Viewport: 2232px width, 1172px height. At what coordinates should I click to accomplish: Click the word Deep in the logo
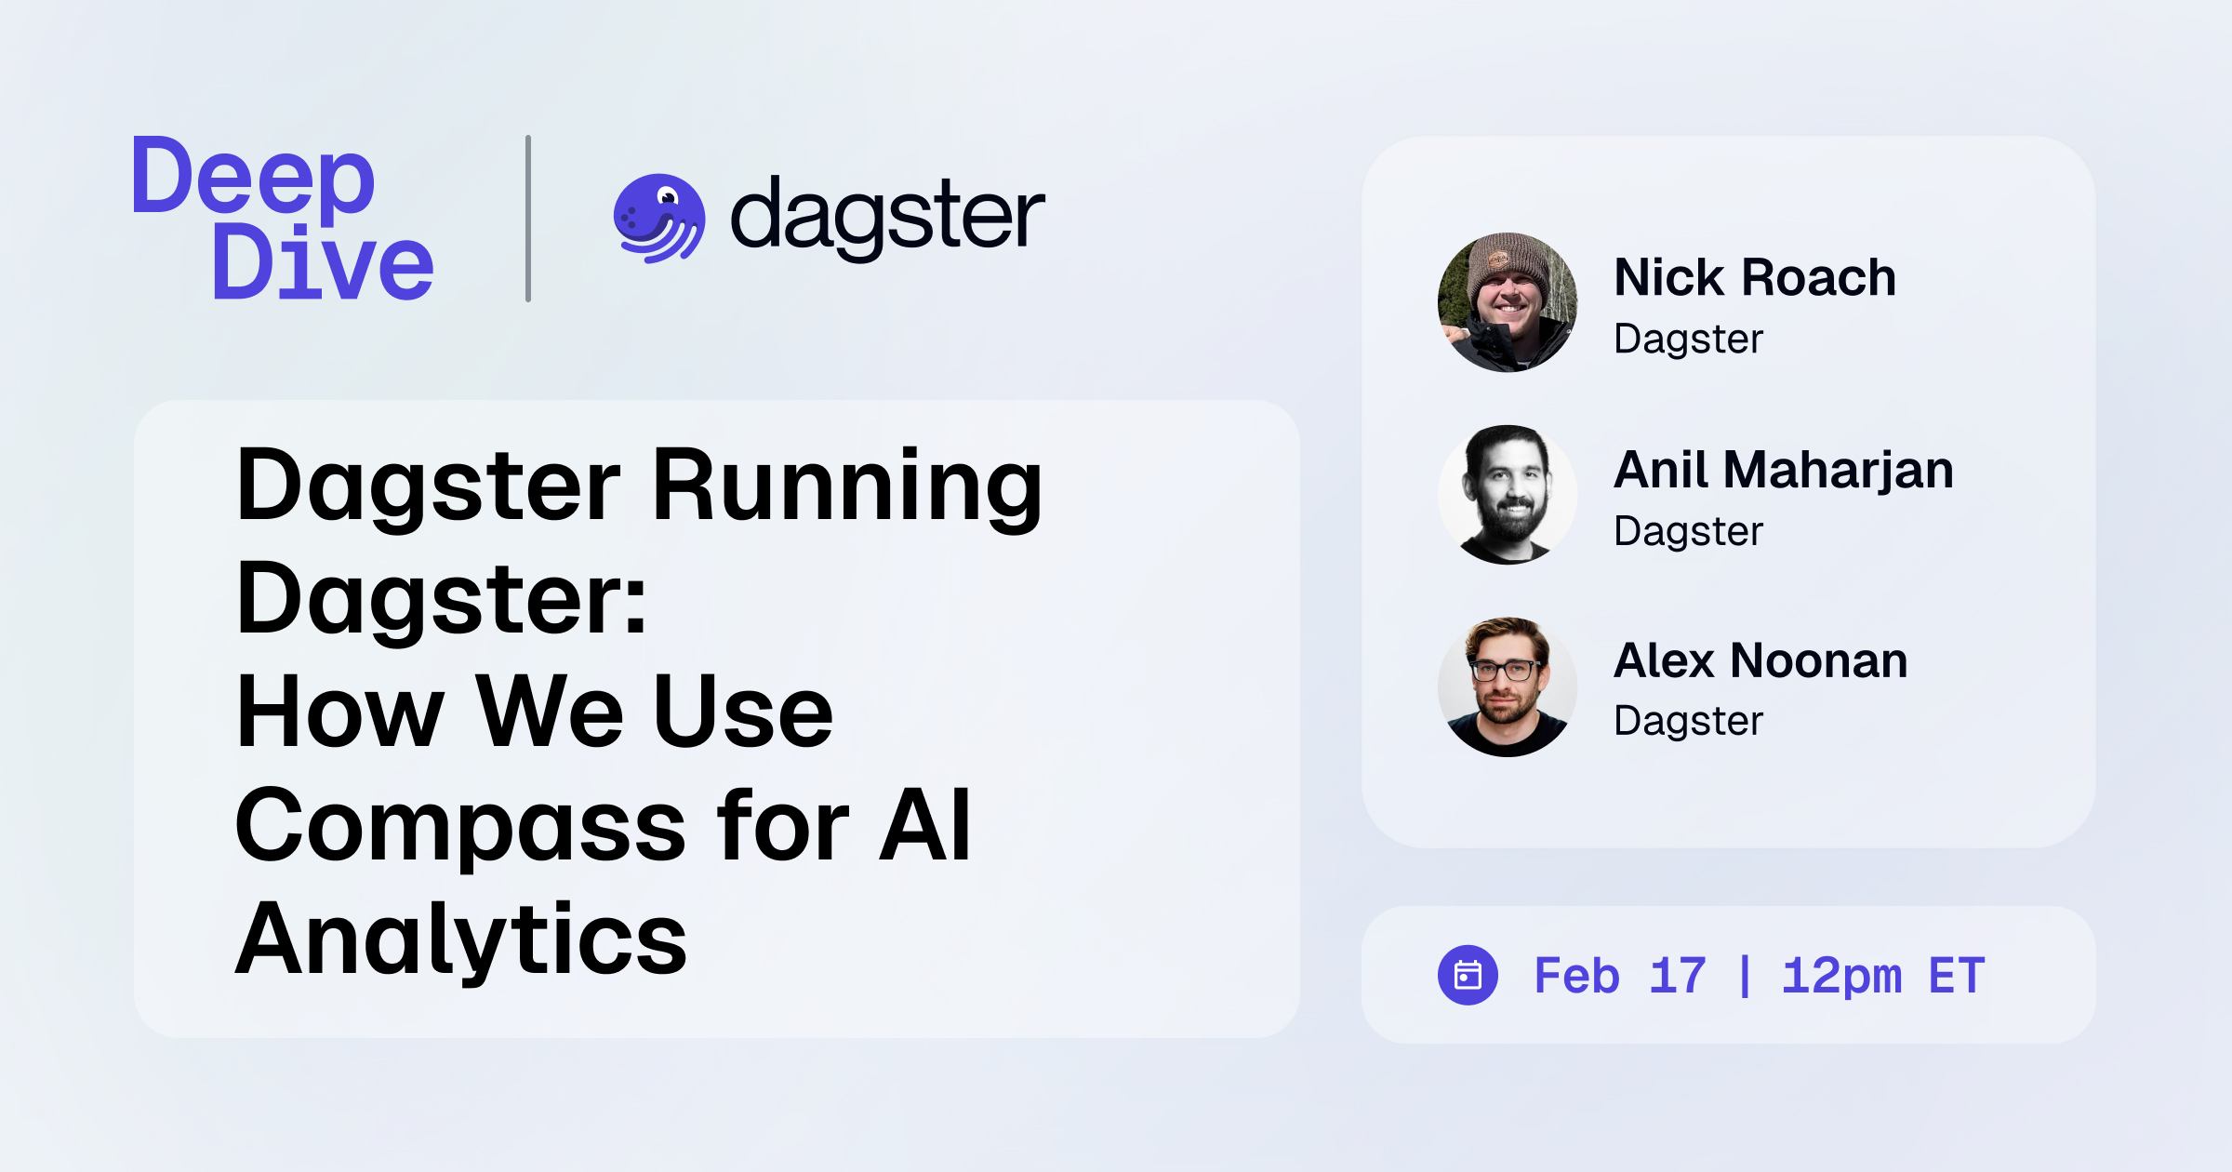(253, 177)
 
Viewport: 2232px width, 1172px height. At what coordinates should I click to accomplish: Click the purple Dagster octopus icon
(658, 219)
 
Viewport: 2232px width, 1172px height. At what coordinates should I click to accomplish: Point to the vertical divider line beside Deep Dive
(528, 219)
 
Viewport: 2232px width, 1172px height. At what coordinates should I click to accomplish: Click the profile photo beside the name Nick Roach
(1507, 303)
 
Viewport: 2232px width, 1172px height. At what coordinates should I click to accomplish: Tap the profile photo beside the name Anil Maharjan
(1507, 495)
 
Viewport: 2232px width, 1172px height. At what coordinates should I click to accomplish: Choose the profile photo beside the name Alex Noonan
(1507, 686)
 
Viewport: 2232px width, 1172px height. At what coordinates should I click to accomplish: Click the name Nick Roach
(1755, 277)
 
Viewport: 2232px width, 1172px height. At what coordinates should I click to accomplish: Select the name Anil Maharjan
(1784, 470)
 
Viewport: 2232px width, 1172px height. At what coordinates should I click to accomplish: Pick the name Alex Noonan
(1760, 661)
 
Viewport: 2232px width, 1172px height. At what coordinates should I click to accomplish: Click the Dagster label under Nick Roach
(1688, 339)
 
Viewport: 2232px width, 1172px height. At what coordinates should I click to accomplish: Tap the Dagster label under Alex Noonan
(1688, 721)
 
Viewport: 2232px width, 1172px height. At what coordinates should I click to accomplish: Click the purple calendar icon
(1468, 975)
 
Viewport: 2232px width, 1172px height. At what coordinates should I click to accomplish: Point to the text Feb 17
(1620, 976)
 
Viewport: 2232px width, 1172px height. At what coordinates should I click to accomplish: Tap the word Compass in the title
(460, 826)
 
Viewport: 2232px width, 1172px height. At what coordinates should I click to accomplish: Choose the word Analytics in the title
(460, 939)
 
